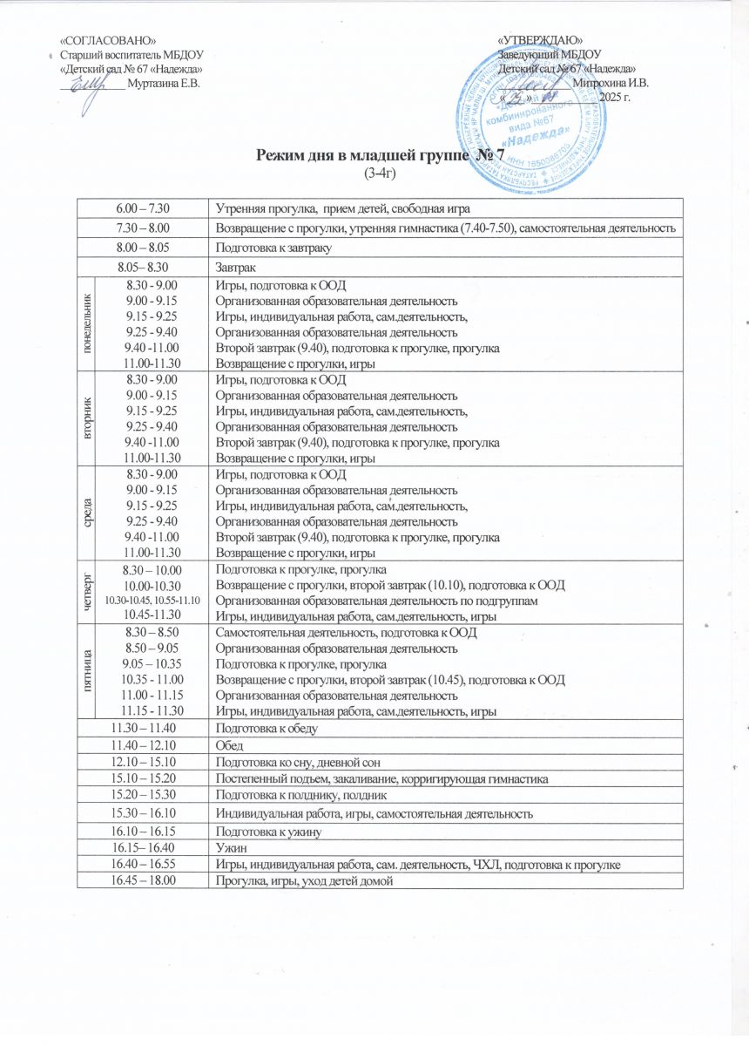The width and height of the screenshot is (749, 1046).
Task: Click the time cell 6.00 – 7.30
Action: (143, 208)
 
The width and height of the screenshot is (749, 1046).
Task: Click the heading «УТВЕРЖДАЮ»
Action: (541, 40)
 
